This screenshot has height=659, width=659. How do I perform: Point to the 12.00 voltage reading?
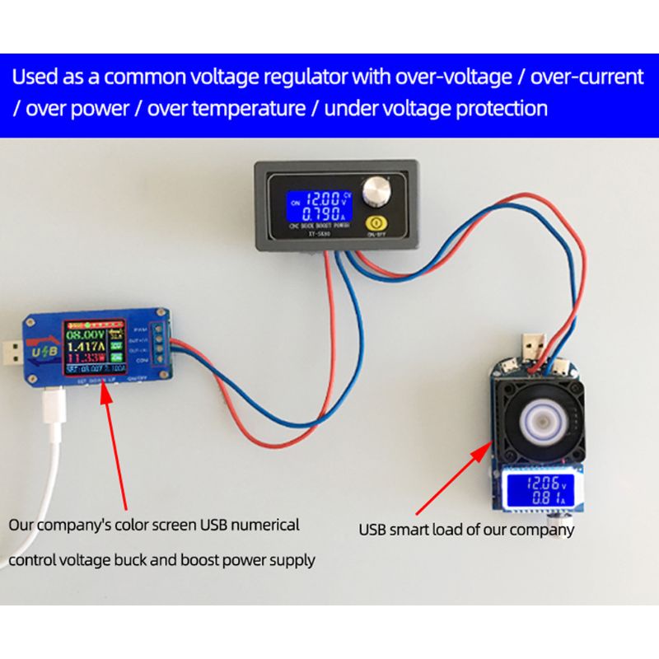(316, 199)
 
